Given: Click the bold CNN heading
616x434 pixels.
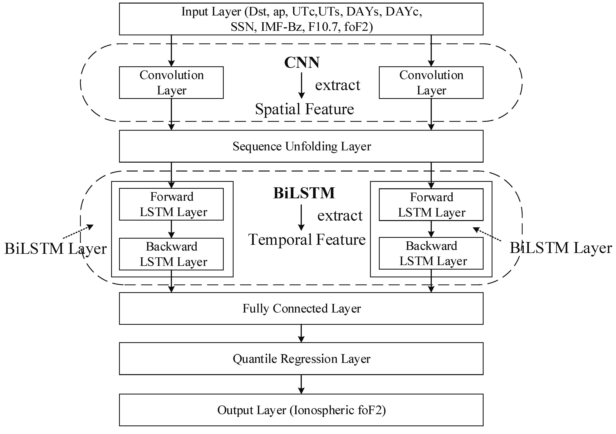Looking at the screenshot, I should pos(302,63).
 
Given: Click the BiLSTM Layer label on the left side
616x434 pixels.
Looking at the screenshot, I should pos(55,248).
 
